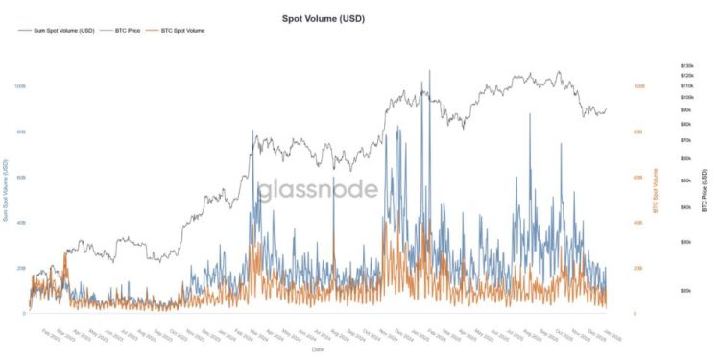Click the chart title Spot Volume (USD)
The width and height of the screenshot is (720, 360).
point(323,18)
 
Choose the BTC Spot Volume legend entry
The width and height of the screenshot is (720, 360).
point(183,31)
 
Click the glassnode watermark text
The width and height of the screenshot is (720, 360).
point(317,189)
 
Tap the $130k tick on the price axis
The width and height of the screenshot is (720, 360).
point(685,66)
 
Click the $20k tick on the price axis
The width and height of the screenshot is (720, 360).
point(684,290)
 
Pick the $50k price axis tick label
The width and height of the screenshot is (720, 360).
point(684,180)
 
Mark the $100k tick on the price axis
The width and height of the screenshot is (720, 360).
point(685,97)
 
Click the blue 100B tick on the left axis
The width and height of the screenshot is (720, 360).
point(20,85)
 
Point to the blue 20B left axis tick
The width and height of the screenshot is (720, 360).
point(20,268)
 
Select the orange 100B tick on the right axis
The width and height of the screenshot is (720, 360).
point(638,85)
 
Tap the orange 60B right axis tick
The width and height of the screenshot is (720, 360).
point(637,177)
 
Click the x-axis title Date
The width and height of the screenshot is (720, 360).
point(317,349)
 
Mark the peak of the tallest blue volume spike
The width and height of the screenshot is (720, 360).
point(429,70)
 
